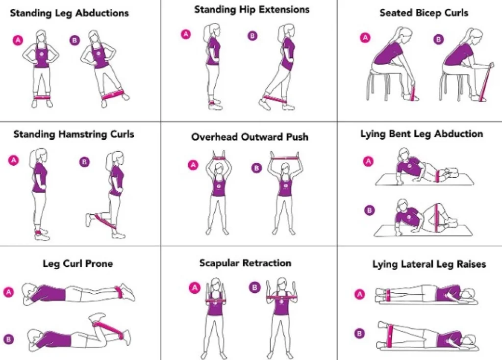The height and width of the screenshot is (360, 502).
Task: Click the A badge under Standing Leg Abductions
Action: click(x=18, y=40)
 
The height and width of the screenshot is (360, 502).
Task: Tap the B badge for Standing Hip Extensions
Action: click(x=252, y=36)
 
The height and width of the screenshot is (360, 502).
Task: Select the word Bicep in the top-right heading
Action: click(x=430, y=13)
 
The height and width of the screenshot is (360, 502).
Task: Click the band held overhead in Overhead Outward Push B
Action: click(x=285, y=157)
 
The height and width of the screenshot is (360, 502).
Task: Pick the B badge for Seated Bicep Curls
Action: click(x=439, y=39)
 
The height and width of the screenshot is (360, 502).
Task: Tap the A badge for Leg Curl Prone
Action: click(x=9, y=292)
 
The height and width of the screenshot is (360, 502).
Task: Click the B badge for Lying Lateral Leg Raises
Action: click(x=359, y=334)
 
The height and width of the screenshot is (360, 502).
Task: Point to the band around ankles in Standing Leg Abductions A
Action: click(x=41, y=97)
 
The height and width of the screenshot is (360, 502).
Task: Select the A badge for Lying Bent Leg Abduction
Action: click(x=368, y=161)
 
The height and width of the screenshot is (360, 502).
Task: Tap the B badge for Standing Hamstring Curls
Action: click(x=84, y=162)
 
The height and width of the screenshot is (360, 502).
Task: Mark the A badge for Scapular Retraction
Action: click(x=194, y=287)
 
